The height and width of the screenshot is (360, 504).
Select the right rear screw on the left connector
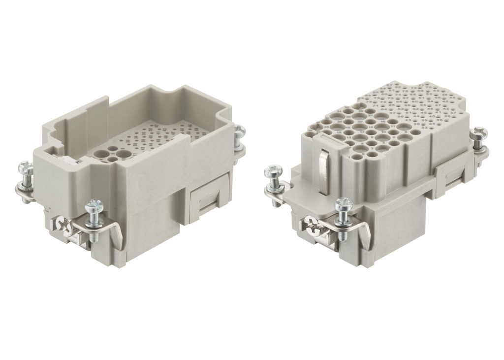240,131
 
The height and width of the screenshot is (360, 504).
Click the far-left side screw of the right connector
272,172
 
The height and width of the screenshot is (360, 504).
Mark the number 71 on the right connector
375,106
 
